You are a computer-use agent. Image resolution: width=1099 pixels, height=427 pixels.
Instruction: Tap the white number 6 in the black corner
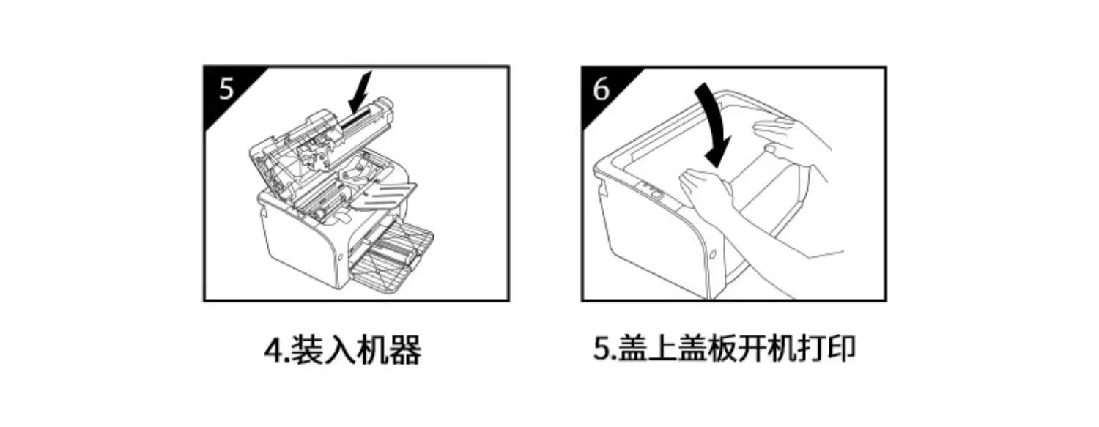click(602, 89)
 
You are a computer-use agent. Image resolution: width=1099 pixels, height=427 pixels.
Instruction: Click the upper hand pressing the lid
click(791, 139)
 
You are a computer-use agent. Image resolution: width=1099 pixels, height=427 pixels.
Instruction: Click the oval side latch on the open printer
click(338, 257)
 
